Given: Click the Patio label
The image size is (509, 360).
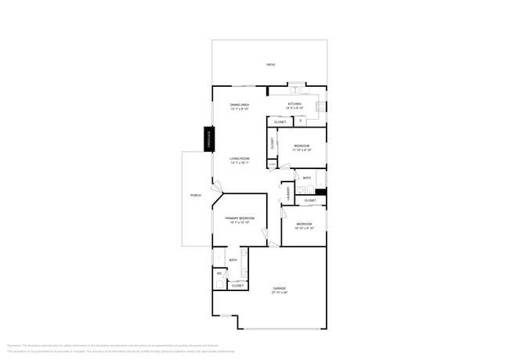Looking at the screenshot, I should click(x=270, y=65).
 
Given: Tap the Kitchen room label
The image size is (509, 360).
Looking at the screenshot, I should click(x=294, y=103).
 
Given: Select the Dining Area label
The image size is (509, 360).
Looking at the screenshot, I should click(x=240, y=104).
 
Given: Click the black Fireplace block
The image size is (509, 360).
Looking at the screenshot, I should click(x=209, y=139).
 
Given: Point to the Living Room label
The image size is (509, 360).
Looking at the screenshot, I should click(x=239, y=159).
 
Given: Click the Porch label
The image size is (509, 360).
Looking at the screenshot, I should click(x=196, y=195).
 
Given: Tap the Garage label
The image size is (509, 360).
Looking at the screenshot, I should click(x=280, y=288).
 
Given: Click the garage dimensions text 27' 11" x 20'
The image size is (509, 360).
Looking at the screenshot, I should click(x=280, y=293).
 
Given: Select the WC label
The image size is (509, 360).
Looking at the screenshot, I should click(x=219, y=273).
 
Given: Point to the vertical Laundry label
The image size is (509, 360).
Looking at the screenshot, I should click(x=288, y=193).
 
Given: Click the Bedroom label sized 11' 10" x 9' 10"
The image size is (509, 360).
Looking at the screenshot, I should click(x=302, y=146).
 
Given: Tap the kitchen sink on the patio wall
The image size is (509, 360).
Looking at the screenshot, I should click(x=298, y=85).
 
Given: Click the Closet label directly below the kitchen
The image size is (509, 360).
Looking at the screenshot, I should click(x=280, y=121).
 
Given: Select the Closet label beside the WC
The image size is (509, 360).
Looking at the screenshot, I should click(x=237, y=286).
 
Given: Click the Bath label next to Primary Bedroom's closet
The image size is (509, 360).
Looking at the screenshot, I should click(x=233, y=260).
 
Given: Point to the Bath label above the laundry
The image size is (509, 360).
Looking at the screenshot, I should click(x=307, y=178).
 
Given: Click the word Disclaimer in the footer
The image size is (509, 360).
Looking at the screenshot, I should click(x=14, y=344).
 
